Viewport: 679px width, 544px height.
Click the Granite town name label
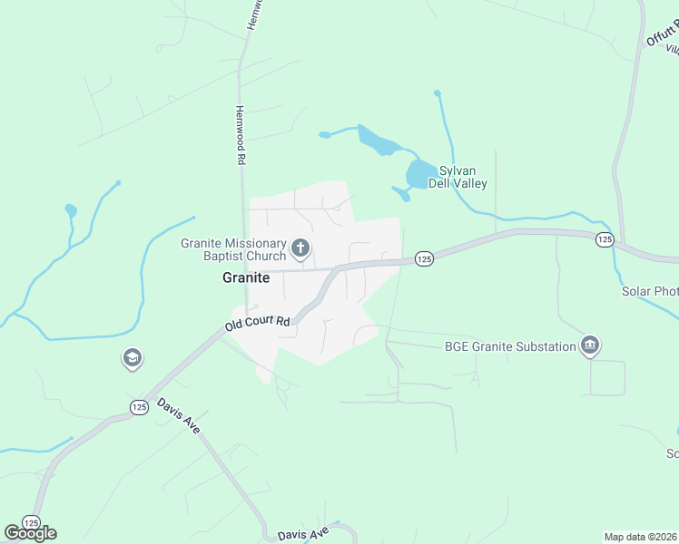coord(245,278)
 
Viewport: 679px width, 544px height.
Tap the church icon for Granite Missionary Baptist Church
coord(300,248)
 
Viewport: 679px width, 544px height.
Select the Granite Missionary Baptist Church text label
coord(233,249)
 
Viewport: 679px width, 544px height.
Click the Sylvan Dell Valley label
coord(463,177)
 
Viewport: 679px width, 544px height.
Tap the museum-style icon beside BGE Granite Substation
coord(591,345)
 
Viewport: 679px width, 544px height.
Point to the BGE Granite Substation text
coord(510,346)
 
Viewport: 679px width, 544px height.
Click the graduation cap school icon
coord(132,359)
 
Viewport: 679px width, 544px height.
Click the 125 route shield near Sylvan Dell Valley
coord(424,259)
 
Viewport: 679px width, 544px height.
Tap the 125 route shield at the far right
coord(605,239)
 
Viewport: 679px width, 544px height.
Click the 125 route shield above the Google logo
coord(31,523)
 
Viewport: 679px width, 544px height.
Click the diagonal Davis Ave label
coord(178,415)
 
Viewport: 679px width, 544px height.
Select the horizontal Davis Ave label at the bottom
coord(303,535)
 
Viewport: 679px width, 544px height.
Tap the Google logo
coord(30,533)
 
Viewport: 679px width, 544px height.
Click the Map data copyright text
coord(641,537)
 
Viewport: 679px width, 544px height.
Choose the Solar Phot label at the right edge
coord(650,291)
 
